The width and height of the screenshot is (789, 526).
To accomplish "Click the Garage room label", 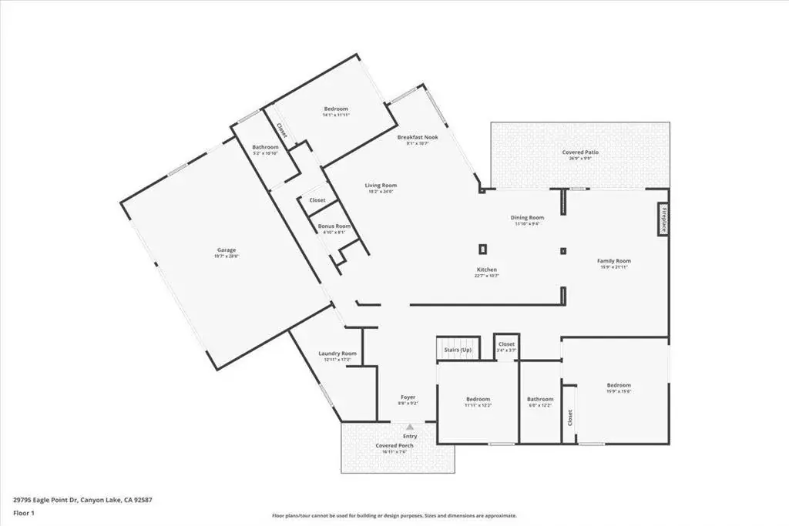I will point(226,250).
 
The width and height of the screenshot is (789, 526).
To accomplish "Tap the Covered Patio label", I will point(580,152).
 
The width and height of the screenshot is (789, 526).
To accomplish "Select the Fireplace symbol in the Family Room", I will point(663,219).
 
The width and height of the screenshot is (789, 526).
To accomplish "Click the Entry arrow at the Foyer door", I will point(410,426).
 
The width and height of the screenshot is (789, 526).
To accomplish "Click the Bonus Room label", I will point(334,226).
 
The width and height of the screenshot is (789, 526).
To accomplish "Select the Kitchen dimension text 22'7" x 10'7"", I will point(486,276).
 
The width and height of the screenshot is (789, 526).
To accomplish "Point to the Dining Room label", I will point(527,217).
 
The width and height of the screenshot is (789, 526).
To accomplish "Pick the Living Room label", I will point(381,185).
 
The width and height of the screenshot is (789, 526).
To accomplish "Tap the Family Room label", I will point(614,261).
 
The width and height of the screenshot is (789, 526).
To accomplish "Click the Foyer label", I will point(408,397).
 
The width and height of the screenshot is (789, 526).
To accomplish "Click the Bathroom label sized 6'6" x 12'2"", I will point(540,399).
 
